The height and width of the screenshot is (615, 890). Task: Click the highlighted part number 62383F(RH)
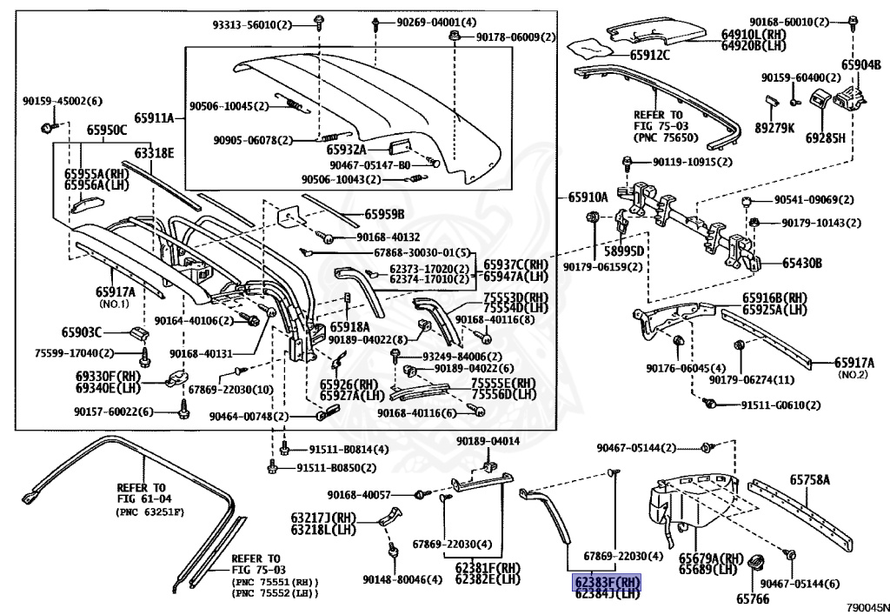tap(606, 582)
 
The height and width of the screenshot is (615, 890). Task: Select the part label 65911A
tap(154, 118)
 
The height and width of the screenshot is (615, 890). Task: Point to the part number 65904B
tap(861, 64)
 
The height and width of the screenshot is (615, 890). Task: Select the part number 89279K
tap(775, 128)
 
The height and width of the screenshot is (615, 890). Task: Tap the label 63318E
tap(154, 154)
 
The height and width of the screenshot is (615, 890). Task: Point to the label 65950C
tap(106, 130)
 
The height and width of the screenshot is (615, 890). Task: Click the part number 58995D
tap(624, 251)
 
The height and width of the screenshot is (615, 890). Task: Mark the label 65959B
tap(384, 214)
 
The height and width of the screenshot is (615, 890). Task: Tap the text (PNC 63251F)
tap(150, 512)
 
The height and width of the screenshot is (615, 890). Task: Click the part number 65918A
tap(349, 326)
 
